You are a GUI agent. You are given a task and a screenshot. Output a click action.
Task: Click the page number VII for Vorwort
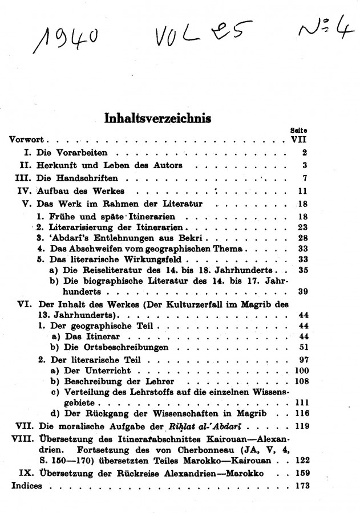(299, 139)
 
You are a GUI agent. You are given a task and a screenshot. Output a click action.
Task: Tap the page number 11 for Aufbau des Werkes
(302, 190)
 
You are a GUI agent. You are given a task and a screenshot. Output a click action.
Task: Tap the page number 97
(302, 360)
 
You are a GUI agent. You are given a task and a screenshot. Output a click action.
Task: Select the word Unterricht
(91, 371)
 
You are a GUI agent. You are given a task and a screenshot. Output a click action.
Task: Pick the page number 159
(300, 473)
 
